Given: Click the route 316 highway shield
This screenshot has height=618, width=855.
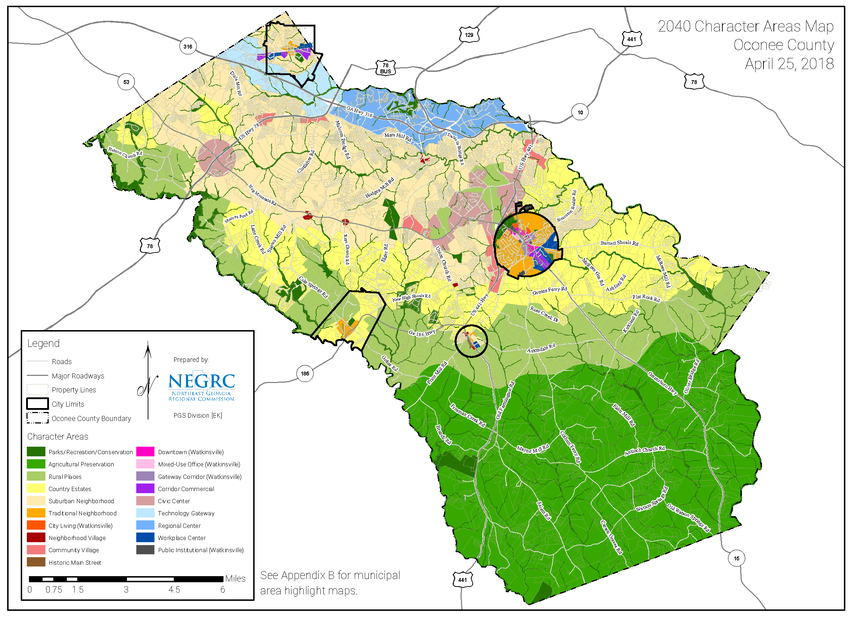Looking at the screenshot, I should pyautogui.click(x=188, y=46).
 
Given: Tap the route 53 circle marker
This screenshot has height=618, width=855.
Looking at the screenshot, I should pyautogui.click(x=126, y=82).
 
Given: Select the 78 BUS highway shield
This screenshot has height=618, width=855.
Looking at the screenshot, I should pyautogui.click(x=385, y=68).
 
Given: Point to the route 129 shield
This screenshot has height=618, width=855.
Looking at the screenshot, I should pyautogui.click(x=468, y=35).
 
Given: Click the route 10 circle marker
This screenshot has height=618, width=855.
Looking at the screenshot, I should pyautogui.click(x=580, y=112).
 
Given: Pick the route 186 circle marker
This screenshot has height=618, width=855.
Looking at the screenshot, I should pyautogui.click(x=305, y=373).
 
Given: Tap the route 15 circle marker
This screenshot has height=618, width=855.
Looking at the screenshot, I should pyautogui.click(x=736, y=558).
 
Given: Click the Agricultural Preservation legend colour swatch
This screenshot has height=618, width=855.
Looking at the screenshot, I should pyautogui.click(x=36, y=464).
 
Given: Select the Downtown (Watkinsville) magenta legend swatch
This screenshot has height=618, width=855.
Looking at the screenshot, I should pyautogui.click(x=145, y=452).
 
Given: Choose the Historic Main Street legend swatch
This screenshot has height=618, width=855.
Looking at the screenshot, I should pyautogui.click(x=36, y=562).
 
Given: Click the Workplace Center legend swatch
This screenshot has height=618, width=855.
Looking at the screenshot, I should pyautogui.click(x=145, y=537).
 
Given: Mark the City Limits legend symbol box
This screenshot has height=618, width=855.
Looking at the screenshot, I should pyautogui.click(x=37, y=404).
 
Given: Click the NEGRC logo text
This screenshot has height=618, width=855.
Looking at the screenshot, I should pyautogui.click(x=201, y=381).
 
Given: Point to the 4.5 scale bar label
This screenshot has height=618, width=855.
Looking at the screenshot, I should pyautogui.click(x=174, y=589).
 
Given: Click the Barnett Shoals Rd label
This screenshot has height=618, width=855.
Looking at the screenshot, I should pyautogui.click(x=619, y=243).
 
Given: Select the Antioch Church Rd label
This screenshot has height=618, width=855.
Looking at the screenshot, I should pyautogui.click(x=645, y=451).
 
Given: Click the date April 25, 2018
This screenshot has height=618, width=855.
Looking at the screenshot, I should pyautogui.click(x=789, y=64).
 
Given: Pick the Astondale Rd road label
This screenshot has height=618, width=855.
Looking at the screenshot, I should pyautogui.click(x=541, y=348).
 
